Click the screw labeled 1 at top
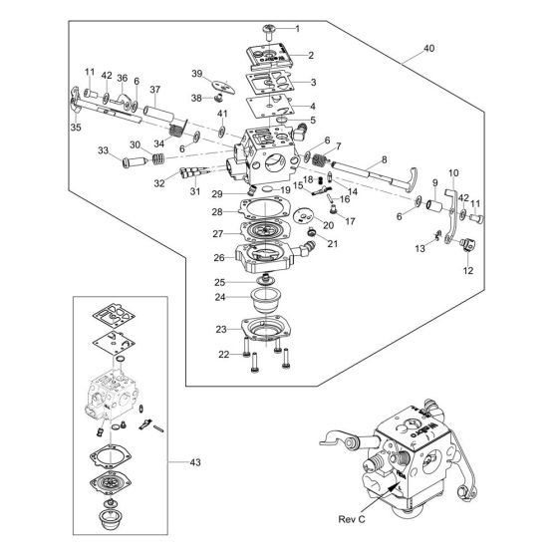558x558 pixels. pos(269,32)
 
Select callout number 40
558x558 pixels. pos(428,48)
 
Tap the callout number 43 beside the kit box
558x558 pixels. pos(195,462)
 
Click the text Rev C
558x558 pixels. pos(352,519)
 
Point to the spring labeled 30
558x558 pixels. pos(158,158)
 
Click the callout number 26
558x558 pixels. pos(219,258)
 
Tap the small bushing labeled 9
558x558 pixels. pos(433,205)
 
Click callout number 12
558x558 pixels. pos(468,270)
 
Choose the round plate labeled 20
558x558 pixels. pos(303,215)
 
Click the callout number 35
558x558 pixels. pos(76,128)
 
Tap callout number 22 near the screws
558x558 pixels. pos(223,355)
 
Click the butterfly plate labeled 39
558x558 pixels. pos(223,87)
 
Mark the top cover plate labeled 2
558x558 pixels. pos(270,56)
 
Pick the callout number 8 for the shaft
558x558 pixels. pos(384,159)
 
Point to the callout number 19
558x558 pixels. pos(285,190)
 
